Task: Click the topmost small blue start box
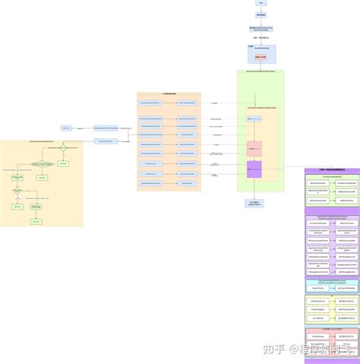[x=261, y=3]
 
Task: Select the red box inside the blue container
[x=261, y=57]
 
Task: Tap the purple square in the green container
[x=254, y=169]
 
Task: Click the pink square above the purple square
[x=254, y=148]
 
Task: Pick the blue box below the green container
[x=254, y=204]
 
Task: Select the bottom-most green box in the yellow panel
[x=35, y=221]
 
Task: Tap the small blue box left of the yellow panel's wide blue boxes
[x=66, y=128]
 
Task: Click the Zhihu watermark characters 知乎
[x=273, y=349]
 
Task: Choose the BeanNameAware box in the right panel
[x=318, y=182]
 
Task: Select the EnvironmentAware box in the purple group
[x=318, y=223]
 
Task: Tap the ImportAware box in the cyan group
[x=318, y=288]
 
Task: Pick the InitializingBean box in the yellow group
[x=318, y=309]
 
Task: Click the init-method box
[x=318, y=318]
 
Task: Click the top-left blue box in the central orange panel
[x=150, y=101]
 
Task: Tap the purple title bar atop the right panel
[x=332, y=170]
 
